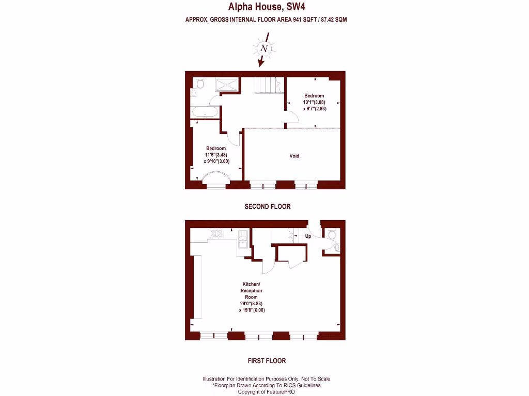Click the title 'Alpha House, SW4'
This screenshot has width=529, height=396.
tap(263, 7)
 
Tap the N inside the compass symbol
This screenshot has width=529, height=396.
tap(264, 48)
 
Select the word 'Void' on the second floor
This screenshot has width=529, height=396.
tap(294, 156)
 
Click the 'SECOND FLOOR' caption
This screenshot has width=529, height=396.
tap(267, 206)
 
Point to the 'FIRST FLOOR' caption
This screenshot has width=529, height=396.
tap(267, 361)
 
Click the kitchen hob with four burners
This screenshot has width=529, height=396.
tap(216, 234)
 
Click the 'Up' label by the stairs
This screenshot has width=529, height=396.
tap(308, 236)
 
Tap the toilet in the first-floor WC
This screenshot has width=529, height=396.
tap(333, 235)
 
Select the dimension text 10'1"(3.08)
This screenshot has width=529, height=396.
tap(315, 102)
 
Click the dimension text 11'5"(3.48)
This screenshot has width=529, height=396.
tap(216, 155)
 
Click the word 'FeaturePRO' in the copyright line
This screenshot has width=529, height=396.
tap(278, 392)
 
